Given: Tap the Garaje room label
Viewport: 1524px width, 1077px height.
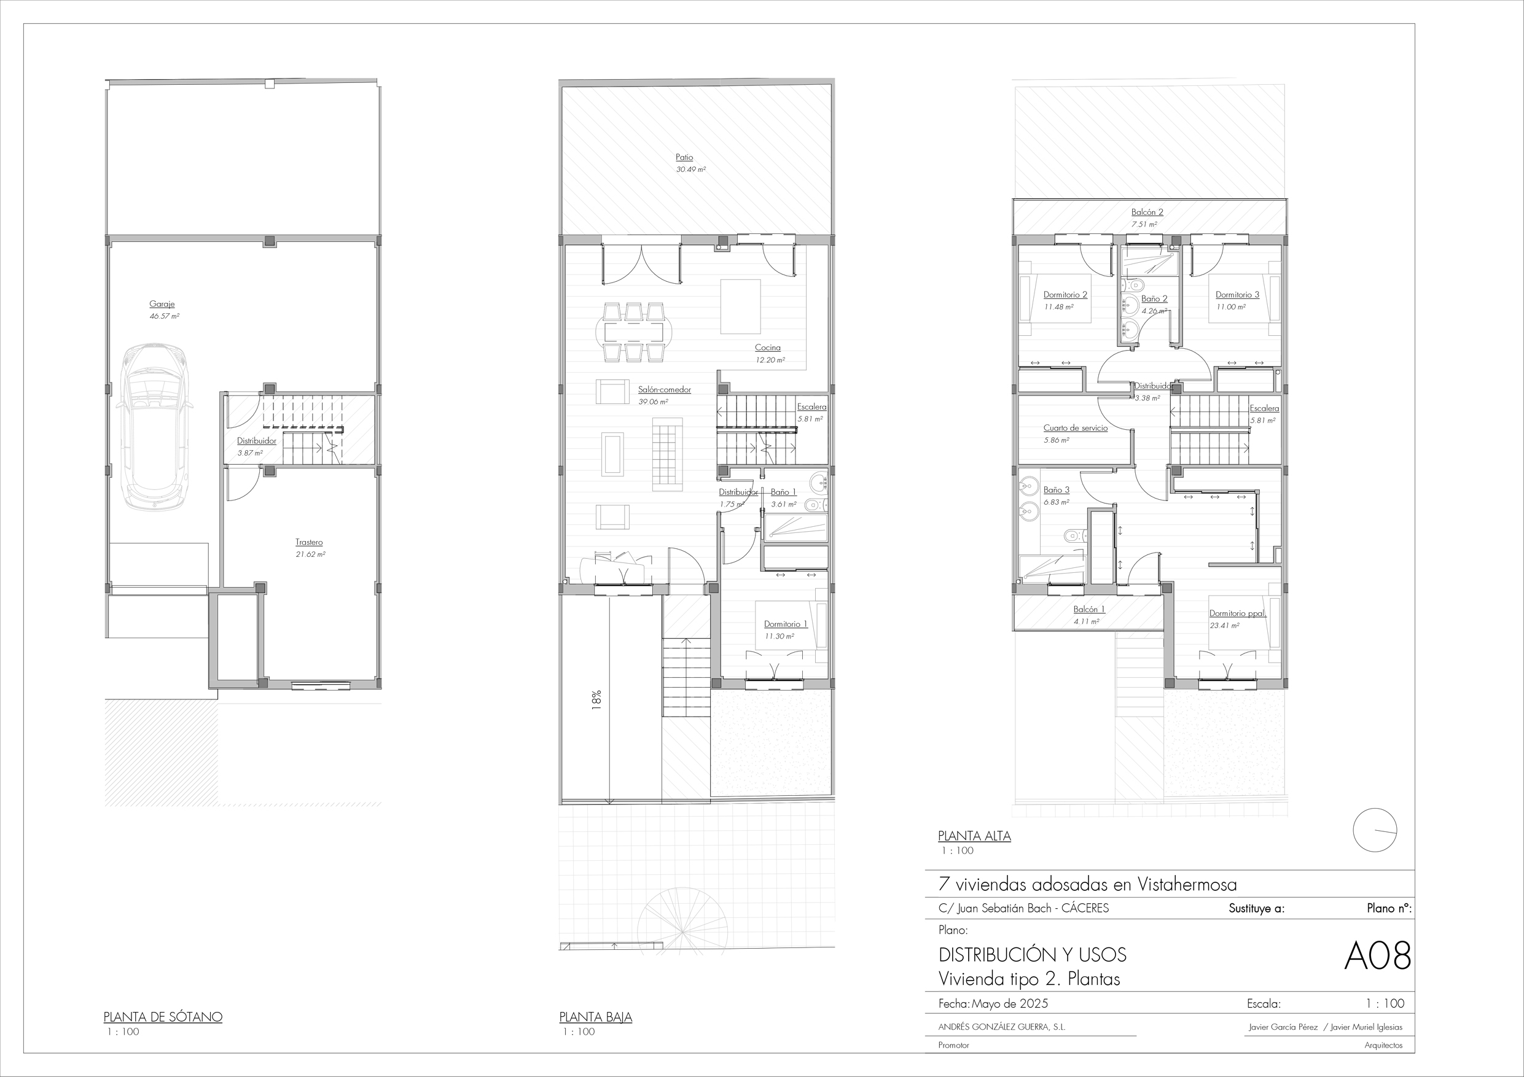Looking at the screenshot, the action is [x=162, y=304].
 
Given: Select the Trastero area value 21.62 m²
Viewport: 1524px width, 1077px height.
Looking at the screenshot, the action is [x=311, y=554].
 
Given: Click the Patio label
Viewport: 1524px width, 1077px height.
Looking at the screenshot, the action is [x=684, y=157].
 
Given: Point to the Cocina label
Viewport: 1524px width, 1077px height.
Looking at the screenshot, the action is [x=767, y=348].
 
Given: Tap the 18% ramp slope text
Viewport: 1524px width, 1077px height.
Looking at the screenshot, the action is [x=596, y=701].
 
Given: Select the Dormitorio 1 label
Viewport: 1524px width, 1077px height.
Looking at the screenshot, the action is [x=786, y=624].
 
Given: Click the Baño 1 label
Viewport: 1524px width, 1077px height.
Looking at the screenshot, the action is [x=784, y=492].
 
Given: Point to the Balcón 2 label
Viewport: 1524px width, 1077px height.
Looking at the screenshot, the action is [x=1147, y=212].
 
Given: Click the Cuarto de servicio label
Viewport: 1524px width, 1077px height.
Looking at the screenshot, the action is [x=1076, y=428].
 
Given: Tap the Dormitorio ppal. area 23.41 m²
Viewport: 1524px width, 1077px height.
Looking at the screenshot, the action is [x=1225, y=626].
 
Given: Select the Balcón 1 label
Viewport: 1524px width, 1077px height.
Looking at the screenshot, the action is [x=1089, y=609].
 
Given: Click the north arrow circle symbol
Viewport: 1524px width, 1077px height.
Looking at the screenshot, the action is [x=1375, y=830].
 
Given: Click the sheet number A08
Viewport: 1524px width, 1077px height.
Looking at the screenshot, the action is [x=1377, y=957].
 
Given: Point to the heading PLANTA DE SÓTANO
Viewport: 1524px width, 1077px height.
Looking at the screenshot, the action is [x=163, y=1017].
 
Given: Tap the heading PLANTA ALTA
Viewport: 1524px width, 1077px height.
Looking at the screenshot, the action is [x=974, y=836].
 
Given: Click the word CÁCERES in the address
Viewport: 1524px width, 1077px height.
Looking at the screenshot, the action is [x=1085, y=908].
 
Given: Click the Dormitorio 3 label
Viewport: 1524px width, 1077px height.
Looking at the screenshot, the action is [x=1237, y=295].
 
